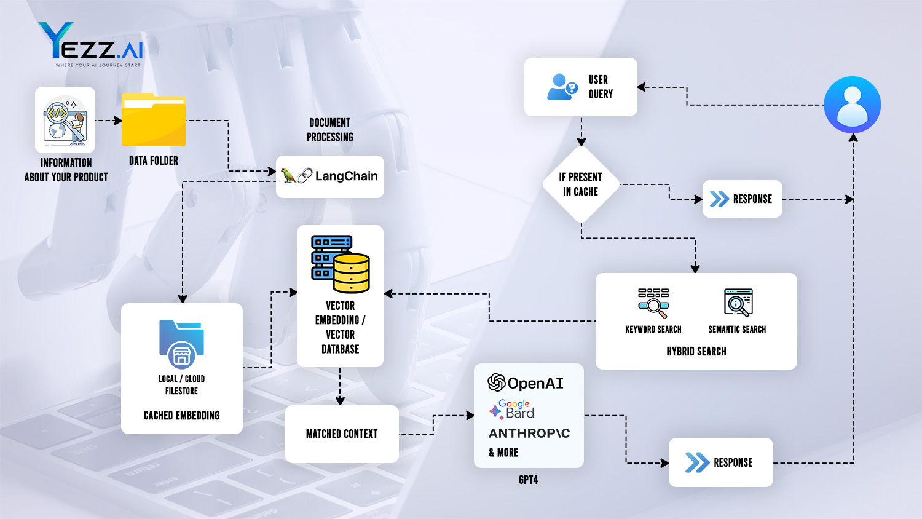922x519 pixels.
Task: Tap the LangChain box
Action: tap(330, 176)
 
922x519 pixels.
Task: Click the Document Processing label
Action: tap(330, 130)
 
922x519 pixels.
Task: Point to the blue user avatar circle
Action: tap(853, 105)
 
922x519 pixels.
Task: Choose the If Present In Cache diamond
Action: tap(581, 184)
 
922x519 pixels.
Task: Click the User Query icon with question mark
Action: tap(562, 87)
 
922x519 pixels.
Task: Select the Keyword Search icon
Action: tap(653, 303)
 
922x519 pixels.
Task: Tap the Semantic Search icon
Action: tap(738, 302)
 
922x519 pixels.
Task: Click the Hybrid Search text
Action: tap(696, 351)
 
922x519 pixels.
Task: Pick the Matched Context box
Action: tap(342, 434)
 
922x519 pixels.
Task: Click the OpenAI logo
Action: tap(526, 383)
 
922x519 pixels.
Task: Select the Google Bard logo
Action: tap(512, 410)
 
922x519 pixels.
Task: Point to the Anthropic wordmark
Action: tap(529, 434)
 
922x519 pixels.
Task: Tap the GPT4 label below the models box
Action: tap(528, 480)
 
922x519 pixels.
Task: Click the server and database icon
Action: tap(340, 263)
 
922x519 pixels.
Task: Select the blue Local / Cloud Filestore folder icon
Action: tap(181, 343)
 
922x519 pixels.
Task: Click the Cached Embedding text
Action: tap(181, 416)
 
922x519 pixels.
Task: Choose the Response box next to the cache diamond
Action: tap(742, 199)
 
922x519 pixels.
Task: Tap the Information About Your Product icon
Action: tap(65, 120)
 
